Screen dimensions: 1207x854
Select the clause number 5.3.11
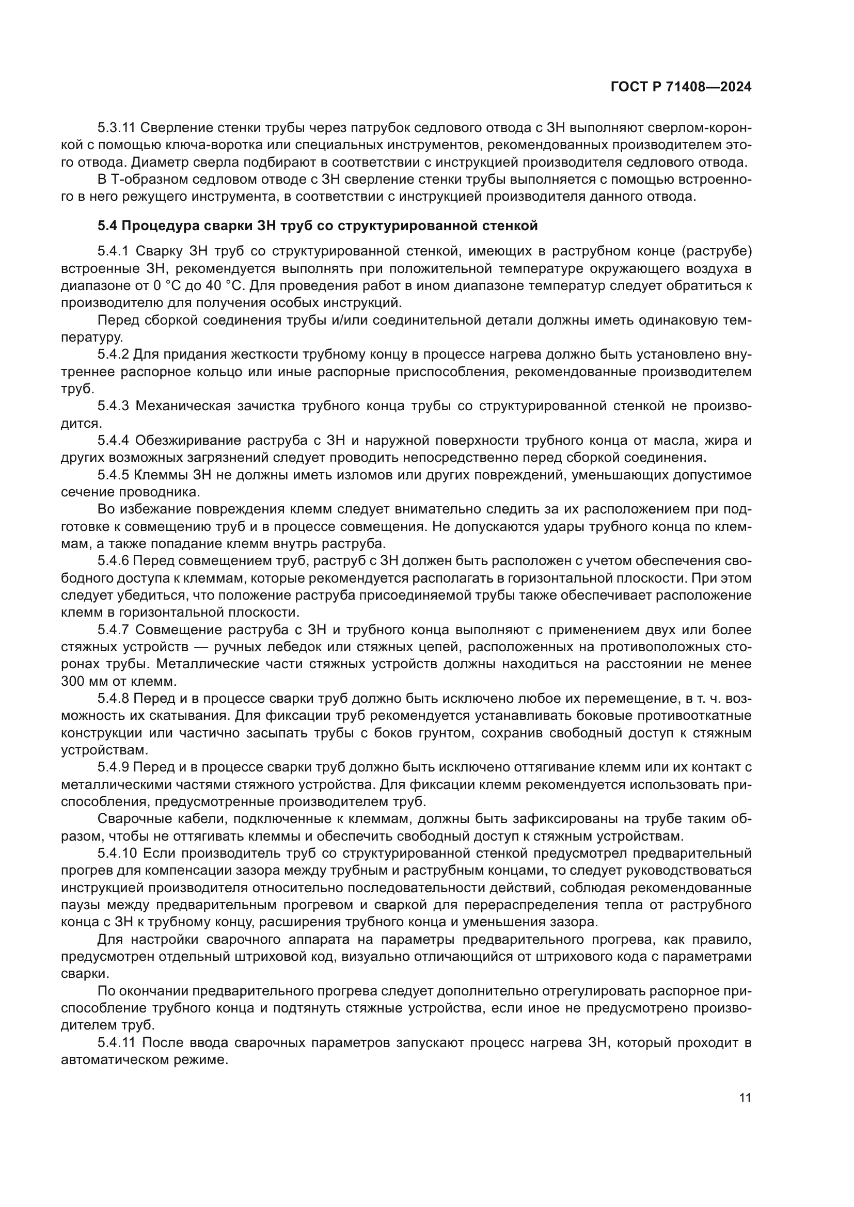click(x=117, y=128)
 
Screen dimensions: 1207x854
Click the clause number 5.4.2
click(x=113, y=355)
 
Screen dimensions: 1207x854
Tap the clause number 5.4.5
click(x=113, y=475)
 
